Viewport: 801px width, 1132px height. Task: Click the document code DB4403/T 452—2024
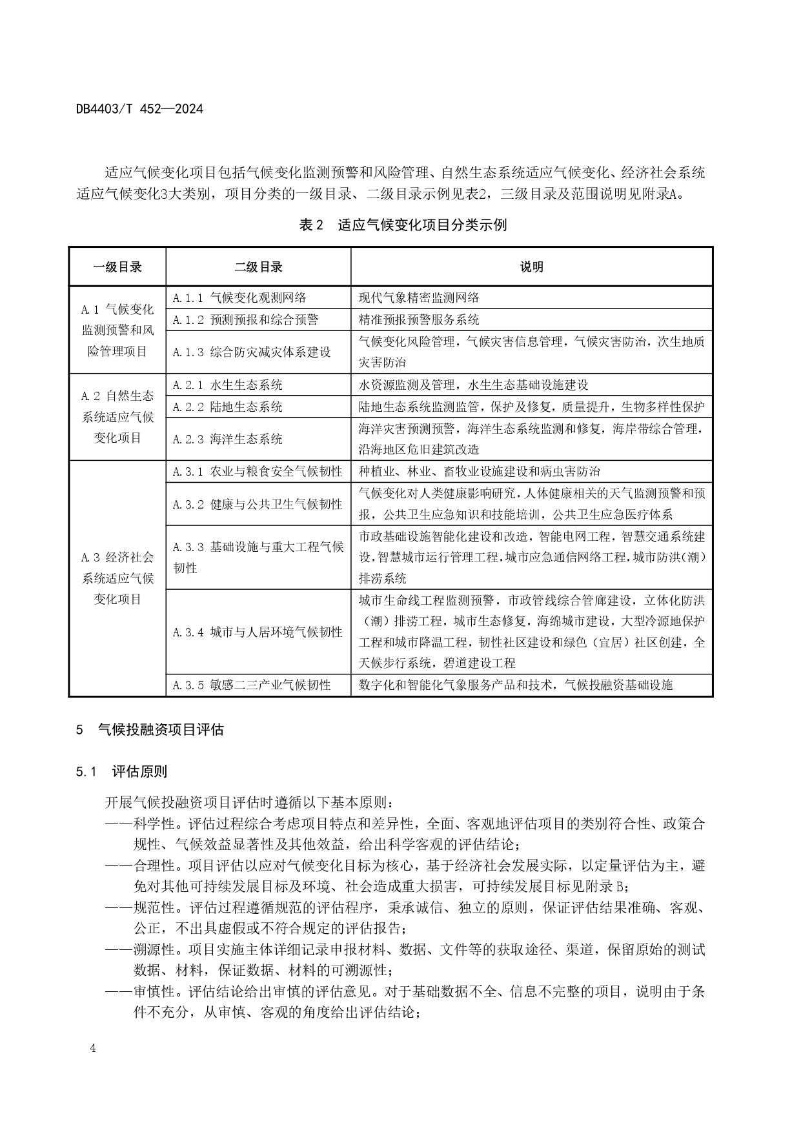click(x=139, y=109)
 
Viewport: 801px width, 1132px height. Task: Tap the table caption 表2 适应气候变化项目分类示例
click(x=403, y=225)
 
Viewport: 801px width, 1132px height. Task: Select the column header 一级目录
click(x=117, y=267)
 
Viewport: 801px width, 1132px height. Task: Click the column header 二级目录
click(x=258, y=267)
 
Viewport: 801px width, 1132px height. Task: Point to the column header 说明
click(x=531, y=267)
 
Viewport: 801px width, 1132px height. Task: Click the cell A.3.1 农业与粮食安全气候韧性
click(x=258, y=471)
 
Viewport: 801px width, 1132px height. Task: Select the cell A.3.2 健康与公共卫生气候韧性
click(x=258, y=504)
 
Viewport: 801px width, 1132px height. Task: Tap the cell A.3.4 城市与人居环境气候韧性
click(x=258, y=632)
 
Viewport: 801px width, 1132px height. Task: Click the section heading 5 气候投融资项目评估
click(x=150, y=730)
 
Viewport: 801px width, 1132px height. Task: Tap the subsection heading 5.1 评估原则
click(x=121, y=771)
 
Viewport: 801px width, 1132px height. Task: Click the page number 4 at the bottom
click(x=93, y=1048)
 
